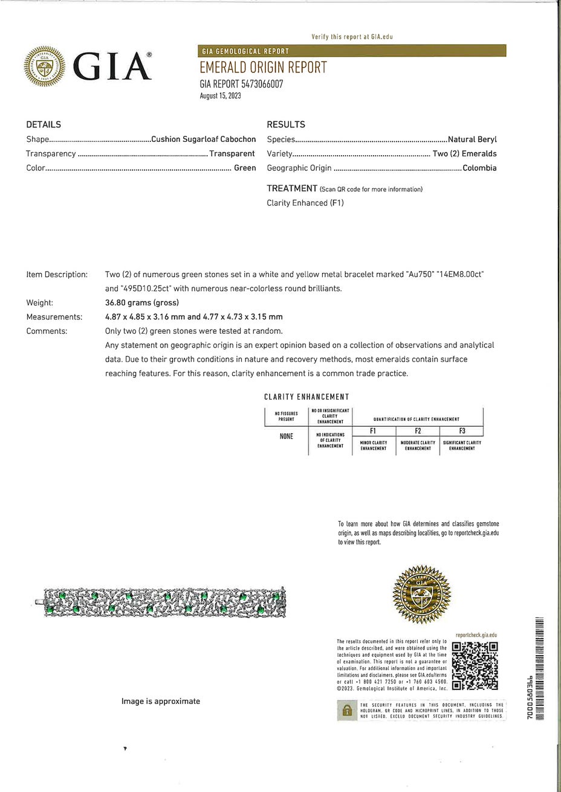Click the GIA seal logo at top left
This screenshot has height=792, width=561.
pyautogui.click(x=44, y=66)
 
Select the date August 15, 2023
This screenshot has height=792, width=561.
pyautogui.click(x=220, y=95)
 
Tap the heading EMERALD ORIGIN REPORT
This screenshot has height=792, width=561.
pyautogui.click(x=263, y=68)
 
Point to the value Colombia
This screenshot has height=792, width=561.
pyautogui.click(x=479, y=168)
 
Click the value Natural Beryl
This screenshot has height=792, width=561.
pyautogui.click(x=472, y=139)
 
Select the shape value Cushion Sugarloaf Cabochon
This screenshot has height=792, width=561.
pyautogui.click(x=203, y=139)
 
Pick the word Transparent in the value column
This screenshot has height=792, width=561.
pyautogui.click(x=232, y=154)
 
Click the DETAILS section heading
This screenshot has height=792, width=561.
pyautogui.click(x=44, y=125)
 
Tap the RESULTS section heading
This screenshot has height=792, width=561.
pyautogui.click(x=286, y=125)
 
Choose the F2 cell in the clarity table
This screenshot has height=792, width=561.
pyautogui.click(x=418, y=431)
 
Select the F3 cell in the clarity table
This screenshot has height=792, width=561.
pyautogui.click(x=462, y=431)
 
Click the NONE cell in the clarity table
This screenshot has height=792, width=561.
pyautogui.click(x=286, y=436)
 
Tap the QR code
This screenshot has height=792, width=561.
pyautogui.click(x=475, y=665)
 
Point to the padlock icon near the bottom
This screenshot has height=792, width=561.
pyautogui.click(x=347, y=711)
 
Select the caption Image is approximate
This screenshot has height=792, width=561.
pyautogui.click(x=161, y=701)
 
